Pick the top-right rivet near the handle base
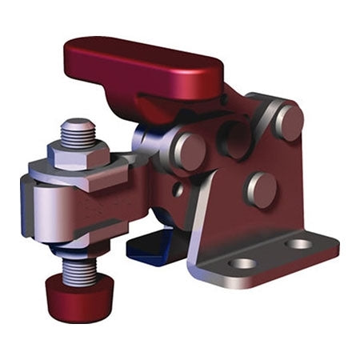(x=288, y=122)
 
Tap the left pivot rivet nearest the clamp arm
(x=189, y=150)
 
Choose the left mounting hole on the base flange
(x=242, y=262)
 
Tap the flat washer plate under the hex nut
(x=88, y=170)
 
